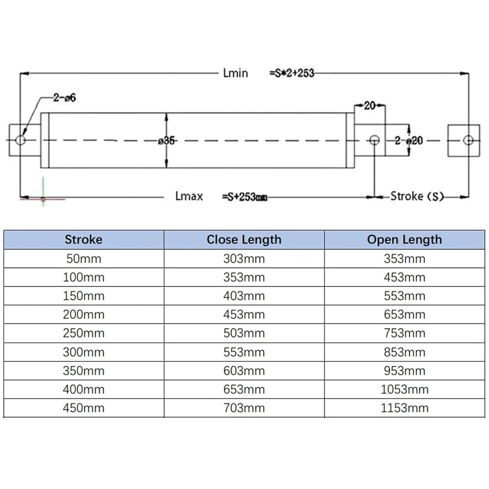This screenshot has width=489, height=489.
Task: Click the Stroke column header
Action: [x=84, y=240]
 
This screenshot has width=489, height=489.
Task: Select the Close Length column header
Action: [x=244, y=240]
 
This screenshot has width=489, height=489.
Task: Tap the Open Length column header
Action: [x=404, y=240]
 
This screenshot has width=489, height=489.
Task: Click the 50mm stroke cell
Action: [x=84, y=259]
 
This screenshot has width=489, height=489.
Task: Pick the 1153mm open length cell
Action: [x=404, y=408]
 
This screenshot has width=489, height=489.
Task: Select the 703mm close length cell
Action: [x=244, y=408]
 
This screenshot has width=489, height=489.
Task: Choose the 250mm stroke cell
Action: [x=84, y=333]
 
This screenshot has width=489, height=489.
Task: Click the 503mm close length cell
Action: [x=244, y=333]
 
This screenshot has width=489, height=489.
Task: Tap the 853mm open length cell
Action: [x=404, y=352]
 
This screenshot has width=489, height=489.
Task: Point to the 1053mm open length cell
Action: [x=404, y=390]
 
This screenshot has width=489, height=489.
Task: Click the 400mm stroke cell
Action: [x=84, y=390]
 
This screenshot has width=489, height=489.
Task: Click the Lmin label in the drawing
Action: [x=236, y=73]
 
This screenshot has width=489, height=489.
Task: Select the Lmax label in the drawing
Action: [x=189, y=196]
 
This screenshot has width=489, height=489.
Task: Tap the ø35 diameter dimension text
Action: [x=167, y=141]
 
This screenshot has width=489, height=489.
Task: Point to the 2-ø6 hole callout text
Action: [x=65, y=98]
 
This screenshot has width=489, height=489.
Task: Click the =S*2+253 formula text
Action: [x=291, y=73]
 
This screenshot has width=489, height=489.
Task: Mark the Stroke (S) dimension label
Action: [x=417, y=196]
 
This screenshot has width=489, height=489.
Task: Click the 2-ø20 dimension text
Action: [x=409, y=141]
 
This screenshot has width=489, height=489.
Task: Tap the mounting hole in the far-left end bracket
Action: [x=21, y=140]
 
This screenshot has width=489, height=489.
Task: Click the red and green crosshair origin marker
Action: [x=43, y=199]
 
